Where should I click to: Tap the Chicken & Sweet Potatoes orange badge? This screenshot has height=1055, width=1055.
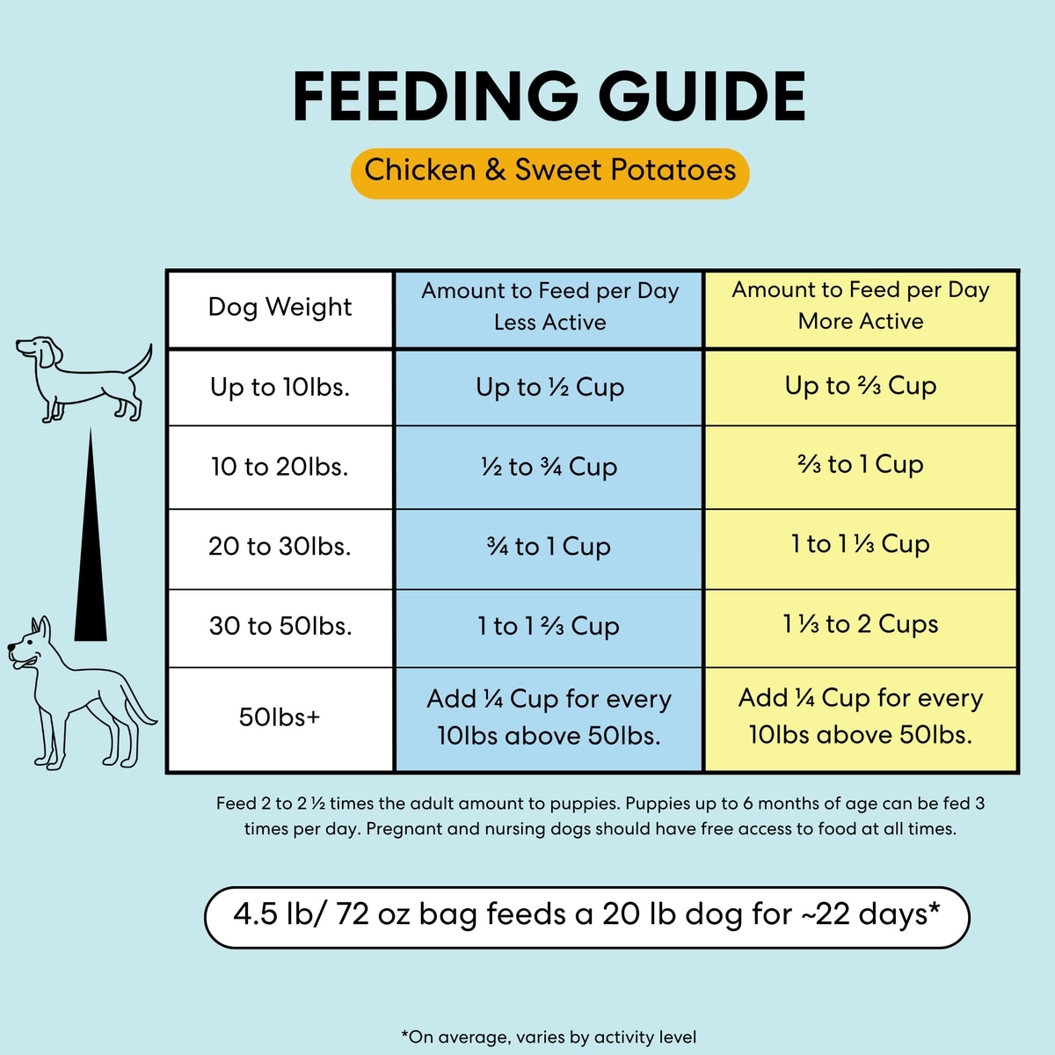click(549, 171)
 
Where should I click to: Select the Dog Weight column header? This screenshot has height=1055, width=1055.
click(280, 308)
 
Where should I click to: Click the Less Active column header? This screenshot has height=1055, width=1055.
click(549, 307)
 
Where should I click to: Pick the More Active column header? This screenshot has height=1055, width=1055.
click(861, 306)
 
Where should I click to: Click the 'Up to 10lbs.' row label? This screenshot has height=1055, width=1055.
click(280, 388)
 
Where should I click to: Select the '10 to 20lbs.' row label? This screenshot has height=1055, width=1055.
click(280, 467)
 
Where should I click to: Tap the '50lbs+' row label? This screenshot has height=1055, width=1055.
click(280, 717)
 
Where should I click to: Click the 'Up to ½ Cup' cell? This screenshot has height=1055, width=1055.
click(549, 388)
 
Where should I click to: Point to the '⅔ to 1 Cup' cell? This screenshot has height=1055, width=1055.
click(861, 465)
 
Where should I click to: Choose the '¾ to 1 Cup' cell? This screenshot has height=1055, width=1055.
click(549, 547)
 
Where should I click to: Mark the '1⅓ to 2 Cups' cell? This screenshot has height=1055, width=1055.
click(861, 625)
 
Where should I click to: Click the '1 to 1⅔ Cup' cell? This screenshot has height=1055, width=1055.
click(549, 627)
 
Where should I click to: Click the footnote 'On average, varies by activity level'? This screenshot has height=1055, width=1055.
click(549, 1037)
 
